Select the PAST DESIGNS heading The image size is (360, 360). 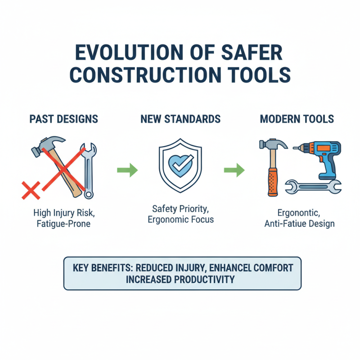(63, 119)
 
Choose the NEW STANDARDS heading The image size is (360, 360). (180, 119)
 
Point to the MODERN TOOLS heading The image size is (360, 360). (297, 119)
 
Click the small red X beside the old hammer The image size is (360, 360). (31, 190)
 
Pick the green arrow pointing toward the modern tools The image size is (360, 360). (234, 171)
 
